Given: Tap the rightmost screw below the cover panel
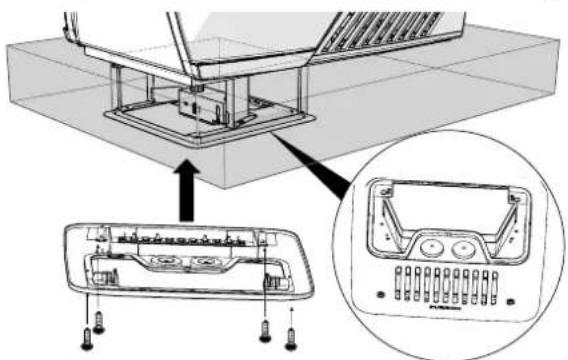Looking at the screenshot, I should pyautogui.click(x=291, y=335).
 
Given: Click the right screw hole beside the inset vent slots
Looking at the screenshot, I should pyautogui.click(x=511, y=297).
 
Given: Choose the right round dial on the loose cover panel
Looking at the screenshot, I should pyautogui.click(x=207, y=264).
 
